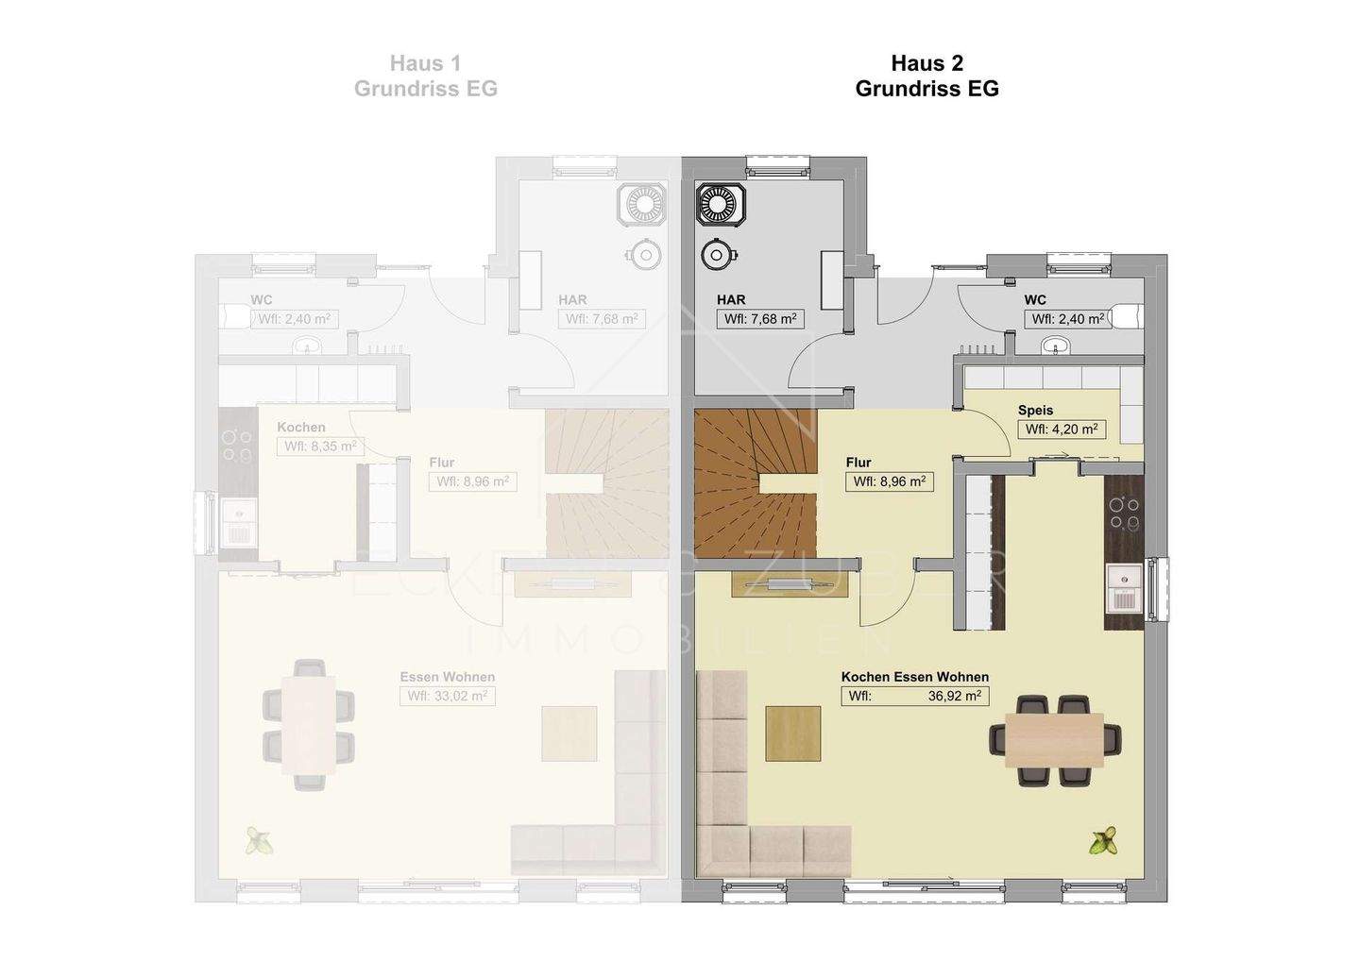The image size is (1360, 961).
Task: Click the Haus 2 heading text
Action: pos(926,63)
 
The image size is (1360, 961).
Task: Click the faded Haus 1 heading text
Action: pos(425,63)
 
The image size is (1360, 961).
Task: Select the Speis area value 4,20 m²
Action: pos(1061,430)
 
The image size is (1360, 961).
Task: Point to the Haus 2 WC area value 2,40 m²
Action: pos(1067,319)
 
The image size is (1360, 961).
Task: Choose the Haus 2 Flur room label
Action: pos(858,463)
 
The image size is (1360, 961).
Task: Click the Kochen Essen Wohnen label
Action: pos(915,677)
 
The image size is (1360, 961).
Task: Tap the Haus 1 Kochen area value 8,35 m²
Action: pos(320,447)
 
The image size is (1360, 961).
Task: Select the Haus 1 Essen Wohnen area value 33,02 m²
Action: pos(447,697)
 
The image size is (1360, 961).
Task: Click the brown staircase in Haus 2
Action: pos(755,481)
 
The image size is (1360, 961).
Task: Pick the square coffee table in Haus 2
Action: pos(792,733)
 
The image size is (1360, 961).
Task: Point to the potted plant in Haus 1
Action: pos(257,840)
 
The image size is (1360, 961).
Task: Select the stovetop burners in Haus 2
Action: pos(1124,514)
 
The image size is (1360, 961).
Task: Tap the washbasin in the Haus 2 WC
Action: pos(1058,347)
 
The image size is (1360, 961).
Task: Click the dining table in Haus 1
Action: pos(308,725)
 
